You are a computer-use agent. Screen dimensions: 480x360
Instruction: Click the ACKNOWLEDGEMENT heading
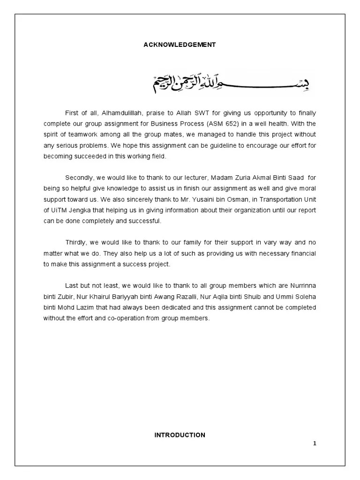(180, 45)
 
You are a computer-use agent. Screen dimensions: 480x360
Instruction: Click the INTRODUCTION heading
(180, 435)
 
